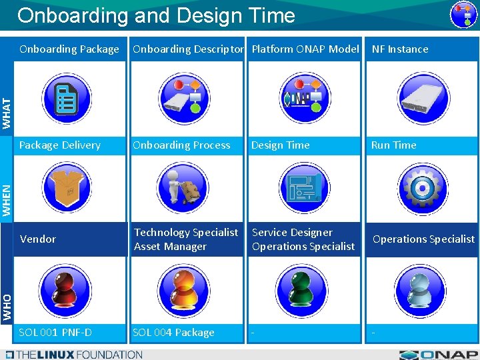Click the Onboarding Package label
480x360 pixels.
[x=69, y=49]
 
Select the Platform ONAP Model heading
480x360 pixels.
[x=305, y=49]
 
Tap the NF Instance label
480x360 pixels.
[x=400, y=49]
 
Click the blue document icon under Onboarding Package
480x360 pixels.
[x=66, y=98]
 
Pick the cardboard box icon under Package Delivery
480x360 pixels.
[x=66, y=187]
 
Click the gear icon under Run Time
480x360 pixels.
[x=423, y=187]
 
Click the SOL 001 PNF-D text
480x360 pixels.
[x=55, y=333]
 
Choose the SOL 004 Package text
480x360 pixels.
[x=173, y=333]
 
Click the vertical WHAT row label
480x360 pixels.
[x=7, y=113]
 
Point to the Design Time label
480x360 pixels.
[x=280, y=145]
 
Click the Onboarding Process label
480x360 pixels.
[x=181, y=145]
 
